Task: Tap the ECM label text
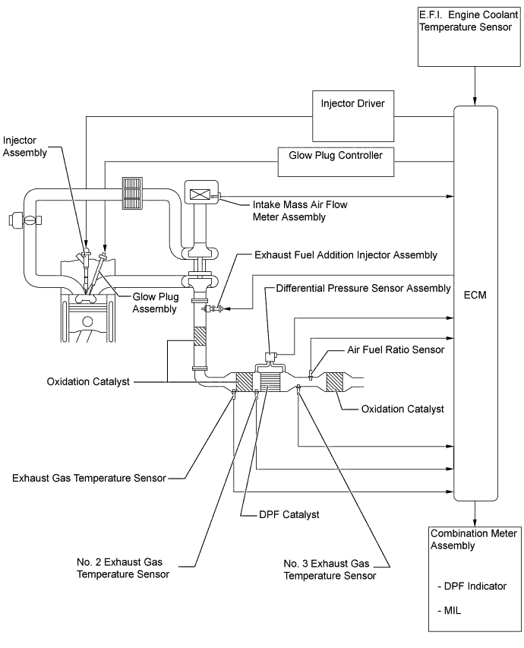[475, 294]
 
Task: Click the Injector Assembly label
[24, 146]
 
